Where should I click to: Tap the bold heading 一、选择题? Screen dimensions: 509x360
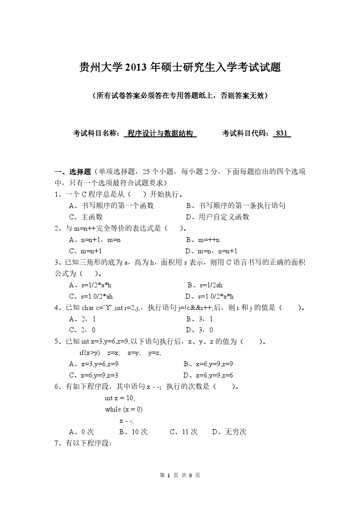73,172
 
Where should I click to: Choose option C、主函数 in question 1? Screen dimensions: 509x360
86,217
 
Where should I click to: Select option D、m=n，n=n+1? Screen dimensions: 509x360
211,251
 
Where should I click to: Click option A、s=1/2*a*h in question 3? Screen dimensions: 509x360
90,285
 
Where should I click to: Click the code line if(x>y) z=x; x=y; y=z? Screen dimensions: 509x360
120,353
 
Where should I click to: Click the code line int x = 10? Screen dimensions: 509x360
120,398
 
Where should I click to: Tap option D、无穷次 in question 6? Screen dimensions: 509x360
229,432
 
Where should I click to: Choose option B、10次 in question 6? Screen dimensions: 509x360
133,432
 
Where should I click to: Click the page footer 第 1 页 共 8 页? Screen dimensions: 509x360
180,475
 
